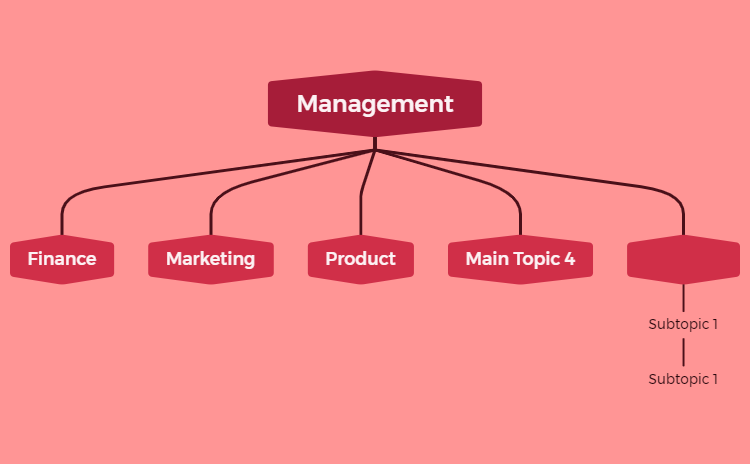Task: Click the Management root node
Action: click(x=375, y=104)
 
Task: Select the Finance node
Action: click(x=62, y=259)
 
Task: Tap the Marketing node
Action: click(x=211, y=259)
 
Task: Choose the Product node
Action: click(x=361, y=259)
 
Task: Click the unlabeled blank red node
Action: click(x=684, y=259)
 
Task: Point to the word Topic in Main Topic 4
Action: click(x=534, y=260)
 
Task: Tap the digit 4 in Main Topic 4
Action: click(x=569, y=259)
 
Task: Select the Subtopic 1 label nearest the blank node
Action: click(x=683, y=324)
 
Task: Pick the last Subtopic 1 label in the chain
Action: click(x=683, y=379)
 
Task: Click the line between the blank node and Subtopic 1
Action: click(x=684, y=298)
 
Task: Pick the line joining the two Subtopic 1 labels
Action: click(x=684, y=352)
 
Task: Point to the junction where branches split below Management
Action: click(x=375, y=150)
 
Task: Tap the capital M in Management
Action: click(x=307, y=104)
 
